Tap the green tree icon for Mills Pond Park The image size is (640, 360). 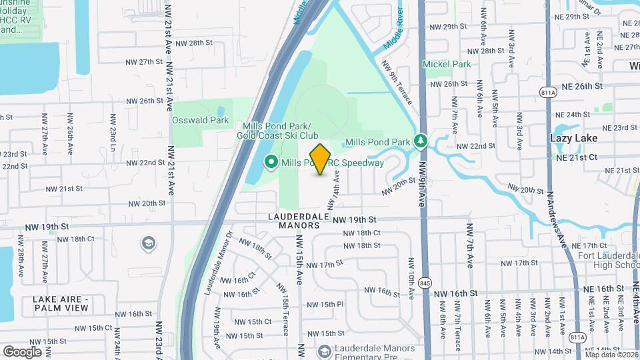[x=421, y=141]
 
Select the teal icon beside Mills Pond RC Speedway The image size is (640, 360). [x=271, y=162]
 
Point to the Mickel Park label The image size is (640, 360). [x=447, y=64]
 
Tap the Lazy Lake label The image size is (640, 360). [x=573, y=138]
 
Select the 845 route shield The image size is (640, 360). [x=425, y=283]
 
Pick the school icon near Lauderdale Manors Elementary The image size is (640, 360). [x=324, y=351]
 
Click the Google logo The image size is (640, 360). [x=22, y=351]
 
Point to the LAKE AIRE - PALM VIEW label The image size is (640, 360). [x=61, y=303]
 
